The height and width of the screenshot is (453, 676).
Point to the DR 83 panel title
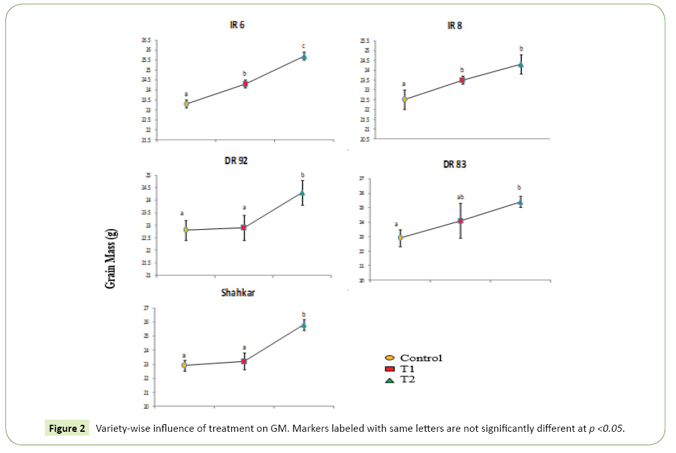[x=454, y=164]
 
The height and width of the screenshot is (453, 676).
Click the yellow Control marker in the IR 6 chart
[x=186, y=103]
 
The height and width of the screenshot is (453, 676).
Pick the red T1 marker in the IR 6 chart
[x=245, y=84]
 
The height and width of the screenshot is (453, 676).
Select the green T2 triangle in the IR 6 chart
[x=304, y=56]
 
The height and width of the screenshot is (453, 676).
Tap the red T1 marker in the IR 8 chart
[x=462, y=80]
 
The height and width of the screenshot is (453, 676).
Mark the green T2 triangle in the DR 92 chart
[x=302, y=192]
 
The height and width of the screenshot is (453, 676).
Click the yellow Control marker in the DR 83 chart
[x=401, y=238]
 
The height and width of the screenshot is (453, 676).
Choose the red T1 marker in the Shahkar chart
[x=244, y=362]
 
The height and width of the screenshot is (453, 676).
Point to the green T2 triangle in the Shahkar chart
[x=303, y=325]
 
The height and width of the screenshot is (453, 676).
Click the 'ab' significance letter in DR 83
[x=460, y=197]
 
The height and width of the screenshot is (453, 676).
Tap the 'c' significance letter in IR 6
[x=304, y=46]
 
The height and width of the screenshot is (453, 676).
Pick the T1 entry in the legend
[x=407, y=369]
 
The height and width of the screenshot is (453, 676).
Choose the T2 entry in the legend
[x=407, y=380]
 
